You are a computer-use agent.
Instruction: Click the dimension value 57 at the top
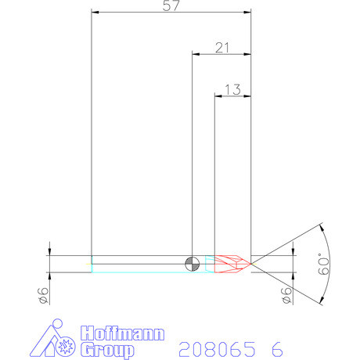click(x=171, y=6)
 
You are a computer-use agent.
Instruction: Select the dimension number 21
click(x=222, y=48)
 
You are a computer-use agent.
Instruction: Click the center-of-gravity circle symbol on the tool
click(x=192, y=263)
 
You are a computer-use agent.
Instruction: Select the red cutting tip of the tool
click(x=232, y=263)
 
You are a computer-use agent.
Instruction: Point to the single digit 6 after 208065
click(x=276, y=348)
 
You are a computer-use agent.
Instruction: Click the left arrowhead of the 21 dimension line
click(x=196, y=54)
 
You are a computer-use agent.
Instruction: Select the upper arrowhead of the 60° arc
click(x=321, y=230)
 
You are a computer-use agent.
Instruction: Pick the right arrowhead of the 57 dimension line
click(x=247, y=13)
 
